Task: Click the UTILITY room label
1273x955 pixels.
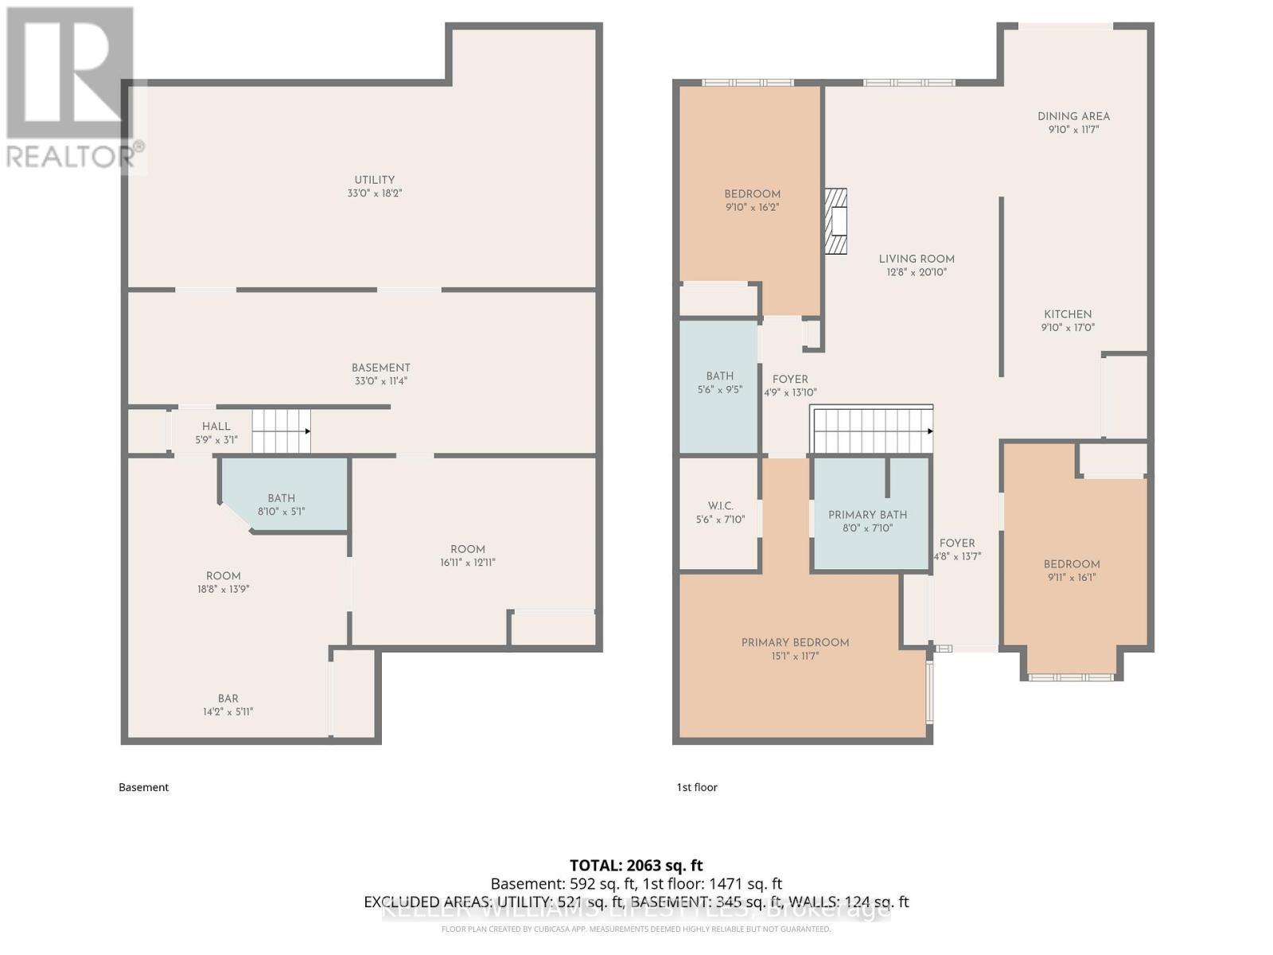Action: [374, 180]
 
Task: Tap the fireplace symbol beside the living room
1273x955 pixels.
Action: [835, 220]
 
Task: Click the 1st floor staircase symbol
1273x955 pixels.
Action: [871, 430]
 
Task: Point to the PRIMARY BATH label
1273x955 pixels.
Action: [867, 515]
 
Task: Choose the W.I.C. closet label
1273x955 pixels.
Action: [719, 506]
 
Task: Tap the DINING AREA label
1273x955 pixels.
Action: [1073, 116]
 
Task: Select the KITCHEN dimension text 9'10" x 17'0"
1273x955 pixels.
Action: [1068, 327]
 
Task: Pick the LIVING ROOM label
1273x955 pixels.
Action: [917, 259]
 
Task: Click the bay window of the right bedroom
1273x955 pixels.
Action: [1071, 677]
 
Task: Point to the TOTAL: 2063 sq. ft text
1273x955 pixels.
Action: [636, 865]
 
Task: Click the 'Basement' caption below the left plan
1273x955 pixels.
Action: [143, 787]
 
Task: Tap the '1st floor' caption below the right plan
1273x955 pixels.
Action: [696, 787]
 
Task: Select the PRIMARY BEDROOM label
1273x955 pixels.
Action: [795, 642]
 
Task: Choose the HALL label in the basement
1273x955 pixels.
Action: [216, 427]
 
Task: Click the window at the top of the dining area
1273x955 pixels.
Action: [1065, 26]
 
